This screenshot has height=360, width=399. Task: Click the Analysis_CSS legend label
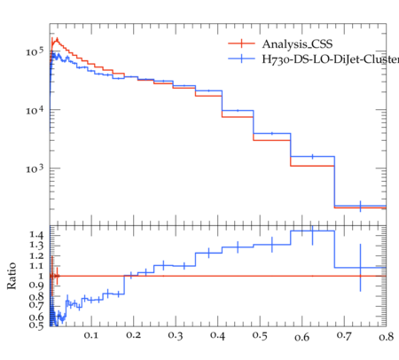297,44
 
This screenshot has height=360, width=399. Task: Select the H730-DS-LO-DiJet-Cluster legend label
331,59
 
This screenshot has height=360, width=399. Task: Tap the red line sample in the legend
241,43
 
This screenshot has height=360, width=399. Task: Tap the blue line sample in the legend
241,59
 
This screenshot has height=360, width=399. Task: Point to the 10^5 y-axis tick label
35,51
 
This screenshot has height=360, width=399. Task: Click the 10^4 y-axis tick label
35,111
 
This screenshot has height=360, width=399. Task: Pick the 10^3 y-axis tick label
35,168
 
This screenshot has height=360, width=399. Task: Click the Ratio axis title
12,276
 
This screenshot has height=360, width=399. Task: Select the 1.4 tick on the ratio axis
36,235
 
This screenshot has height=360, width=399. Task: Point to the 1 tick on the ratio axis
41,276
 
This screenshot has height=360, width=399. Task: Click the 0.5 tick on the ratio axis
36,325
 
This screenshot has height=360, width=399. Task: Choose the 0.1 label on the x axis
91,335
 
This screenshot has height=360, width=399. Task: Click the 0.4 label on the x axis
217,335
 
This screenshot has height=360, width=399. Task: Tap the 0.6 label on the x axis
301,337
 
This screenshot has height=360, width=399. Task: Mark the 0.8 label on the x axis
386,337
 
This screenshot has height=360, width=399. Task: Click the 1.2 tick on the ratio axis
36,255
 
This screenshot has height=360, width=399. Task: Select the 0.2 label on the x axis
133,335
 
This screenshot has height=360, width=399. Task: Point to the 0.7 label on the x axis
344,335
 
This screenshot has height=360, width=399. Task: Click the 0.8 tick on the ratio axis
36,296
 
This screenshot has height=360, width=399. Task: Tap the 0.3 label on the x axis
176,335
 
